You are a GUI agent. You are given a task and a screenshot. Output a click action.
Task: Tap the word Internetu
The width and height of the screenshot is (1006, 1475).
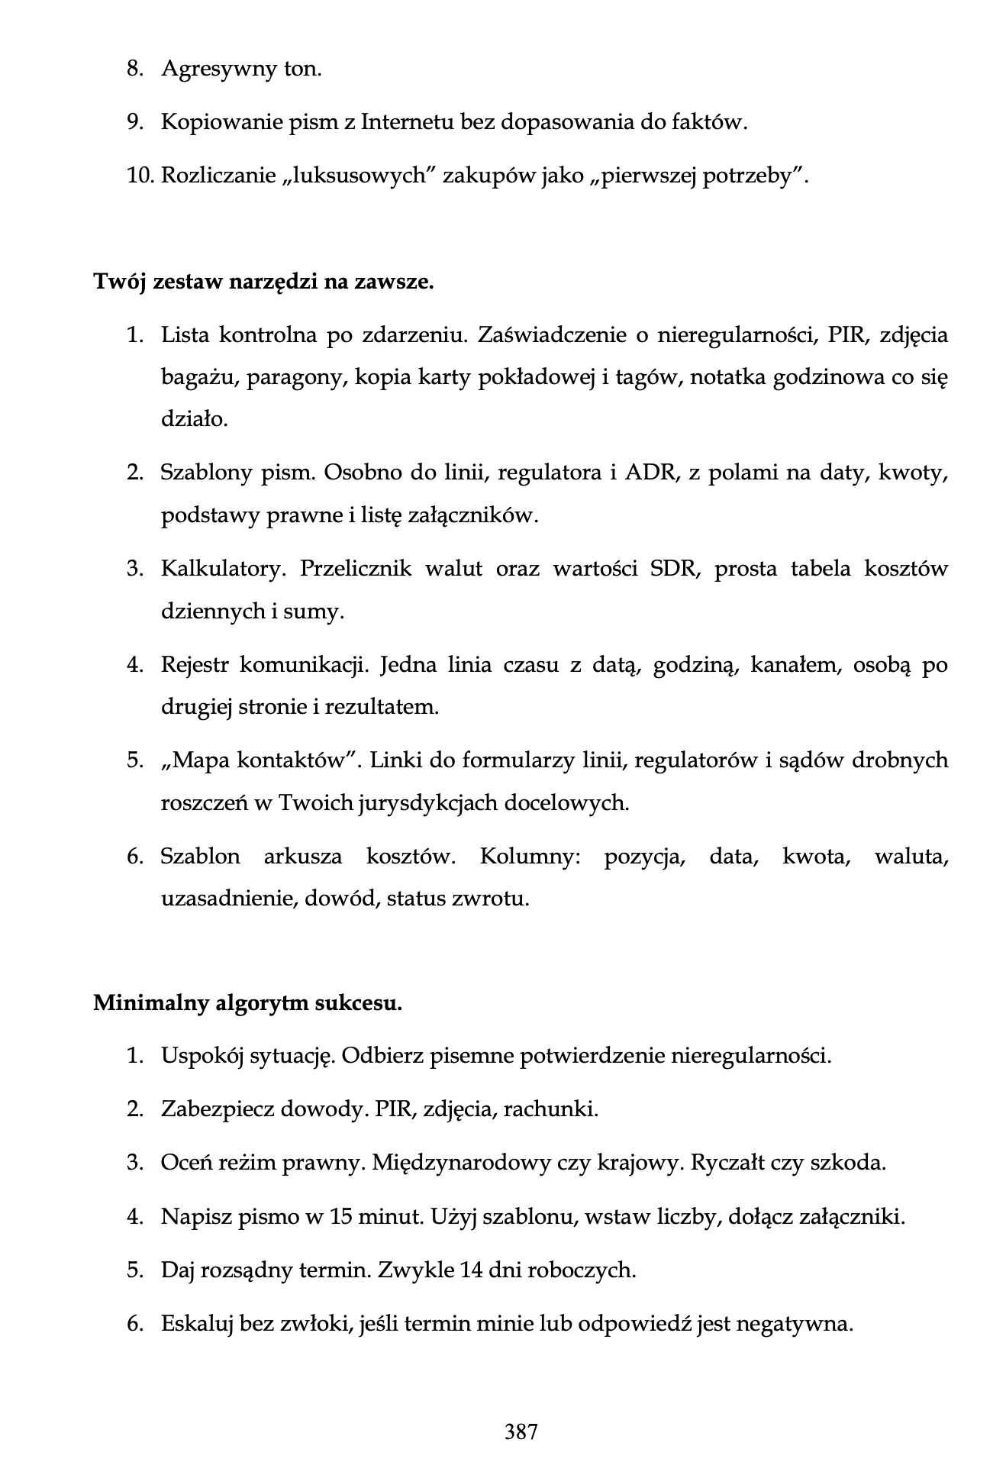[x=407, y=122]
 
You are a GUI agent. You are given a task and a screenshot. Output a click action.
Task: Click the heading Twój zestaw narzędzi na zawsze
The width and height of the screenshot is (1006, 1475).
[x=263, y=282]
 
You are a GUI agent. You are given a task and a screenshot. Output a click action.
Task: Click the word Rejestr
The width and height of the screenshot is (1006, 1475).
[x=195, y=665]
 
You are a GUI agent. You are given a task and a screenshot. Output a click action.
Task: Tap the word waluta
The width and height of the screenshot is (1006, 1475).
[x=911, y=857]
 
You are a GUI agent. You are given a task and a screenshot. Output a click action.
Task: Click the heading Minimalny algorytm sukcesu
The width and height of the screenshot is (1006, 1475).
[x=247, y=1002]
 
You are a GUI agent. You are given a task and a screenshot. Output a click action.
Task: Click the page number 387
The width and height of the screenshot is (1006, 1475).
[x=521, y=1431]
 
